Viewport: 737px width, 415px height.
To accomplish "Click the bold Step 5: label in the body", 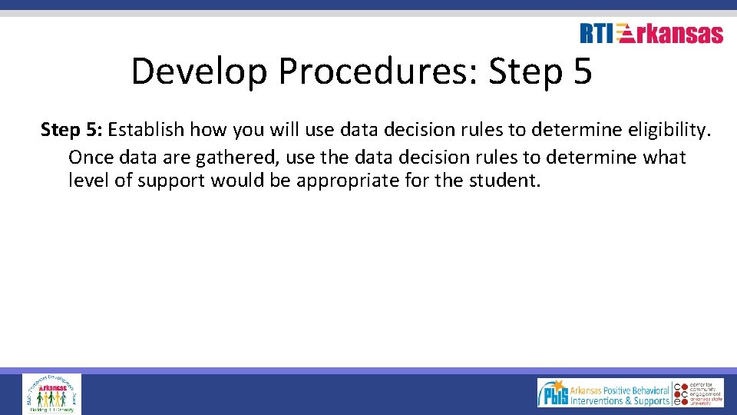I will (x=71, y=130).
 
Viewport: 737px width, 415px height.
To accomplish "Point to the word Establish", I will (x=146, y=130).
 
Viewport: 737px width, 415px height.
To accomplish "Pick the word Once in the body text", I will (x=90, y=157).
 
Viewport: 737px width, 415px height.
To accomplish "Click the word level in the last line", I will (x=85, y=181).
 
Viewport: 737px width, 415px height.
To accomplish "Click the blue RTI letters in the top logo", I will (x=597, y=34).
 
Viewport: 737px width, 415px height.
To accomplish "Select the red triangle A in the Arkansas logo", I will (x=626, y=34).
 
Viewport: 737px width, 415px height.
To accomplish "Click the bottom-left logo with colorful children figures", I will (x=51, y=393).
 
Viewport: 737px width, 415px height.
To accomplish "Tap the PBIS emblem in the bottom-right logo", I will (x=553, y=393).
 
